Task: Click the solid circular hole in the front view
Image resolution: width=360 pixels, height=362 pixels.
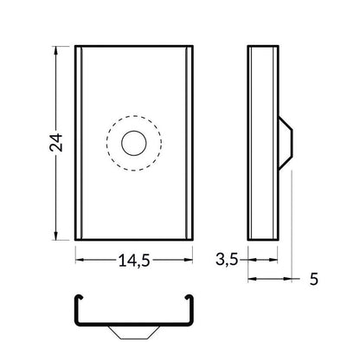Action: [134, 144]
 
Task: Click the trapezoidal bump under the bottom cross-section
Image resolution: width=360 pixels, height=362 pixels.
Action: [132, 333]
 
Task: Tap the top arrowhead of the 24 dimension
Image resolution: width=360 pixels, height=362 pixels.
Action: [57, 51]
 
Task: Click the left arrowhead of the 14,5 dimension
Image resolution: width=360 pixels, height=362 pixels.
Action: [79, 258]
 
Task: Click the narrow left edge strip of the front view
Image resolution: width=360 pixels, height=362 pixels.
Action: [79, 144]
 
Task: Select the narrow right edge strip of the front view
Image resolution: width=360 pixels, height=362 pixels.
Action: [188, 144]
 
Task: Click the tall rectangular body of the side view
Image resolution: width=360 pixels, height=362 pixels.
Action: [262, 144]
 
